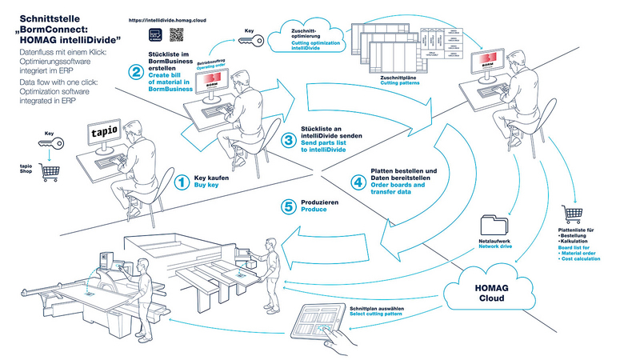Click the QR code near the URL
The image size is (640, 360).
point(178,34)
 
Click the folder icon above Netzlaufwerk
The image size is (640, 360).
point(493,226)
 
